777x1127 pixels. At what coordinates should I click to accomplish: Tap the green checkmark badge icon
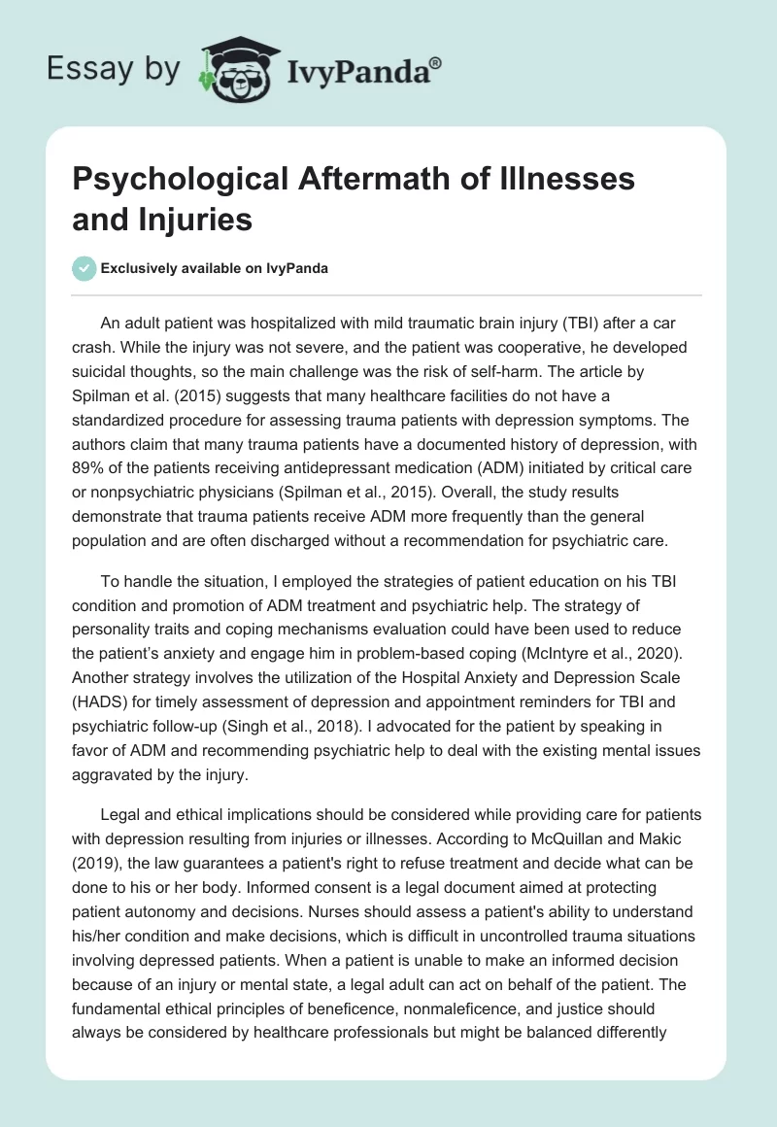(84, 268)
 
